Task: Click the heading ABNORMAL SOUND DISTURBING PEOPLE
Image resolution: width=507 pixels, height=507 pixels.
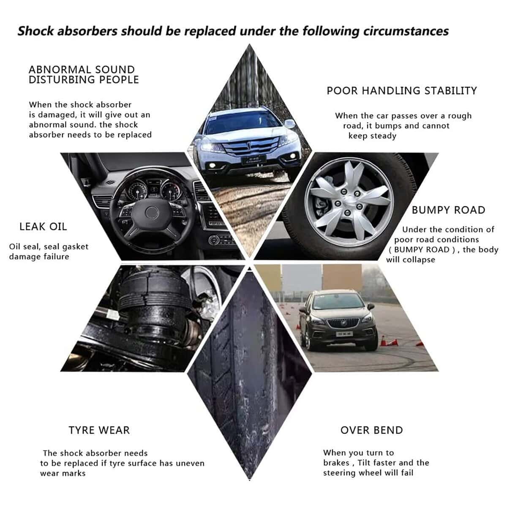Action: pyautogui.click(x=84, y=75)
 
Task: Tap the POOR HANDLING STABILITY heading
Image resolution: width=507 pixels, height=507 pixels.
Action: pyautogui.click(x=402, y=91)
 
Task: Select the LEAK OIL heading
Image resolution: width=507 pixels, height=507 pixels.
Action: pyautogui.click(x=43, y=227)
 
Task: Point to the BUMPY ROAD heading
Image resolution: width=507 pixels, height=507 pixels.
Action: pyautogui.click(x=449, y=210)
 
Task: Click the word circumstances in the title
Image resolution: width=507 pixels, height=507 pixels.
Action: pyautogui.click(x=406, y=31)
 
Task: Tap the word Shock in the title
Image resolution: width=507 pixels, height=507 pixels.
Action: pyautogui.click(x=36, y=31)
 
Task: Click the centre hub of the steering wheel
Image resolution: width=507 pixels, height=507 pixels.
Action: pyautogui.click(x=152, y=213)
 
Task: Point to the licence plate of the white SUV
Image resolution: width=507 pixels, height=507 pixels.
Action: pyautogui.click(x=254, y=160)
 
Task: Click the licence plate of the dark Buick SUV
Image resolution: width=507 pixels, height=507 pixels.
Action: pyautogui.click(x=344, y=334)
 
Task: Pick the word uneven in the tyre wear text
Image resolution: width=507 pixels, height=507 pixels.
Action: pyautogui.click(x=190, y=463)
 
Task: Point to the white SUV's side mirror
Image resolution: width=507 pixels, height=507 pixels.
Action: pyautogui.click(x=290, y=124)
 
